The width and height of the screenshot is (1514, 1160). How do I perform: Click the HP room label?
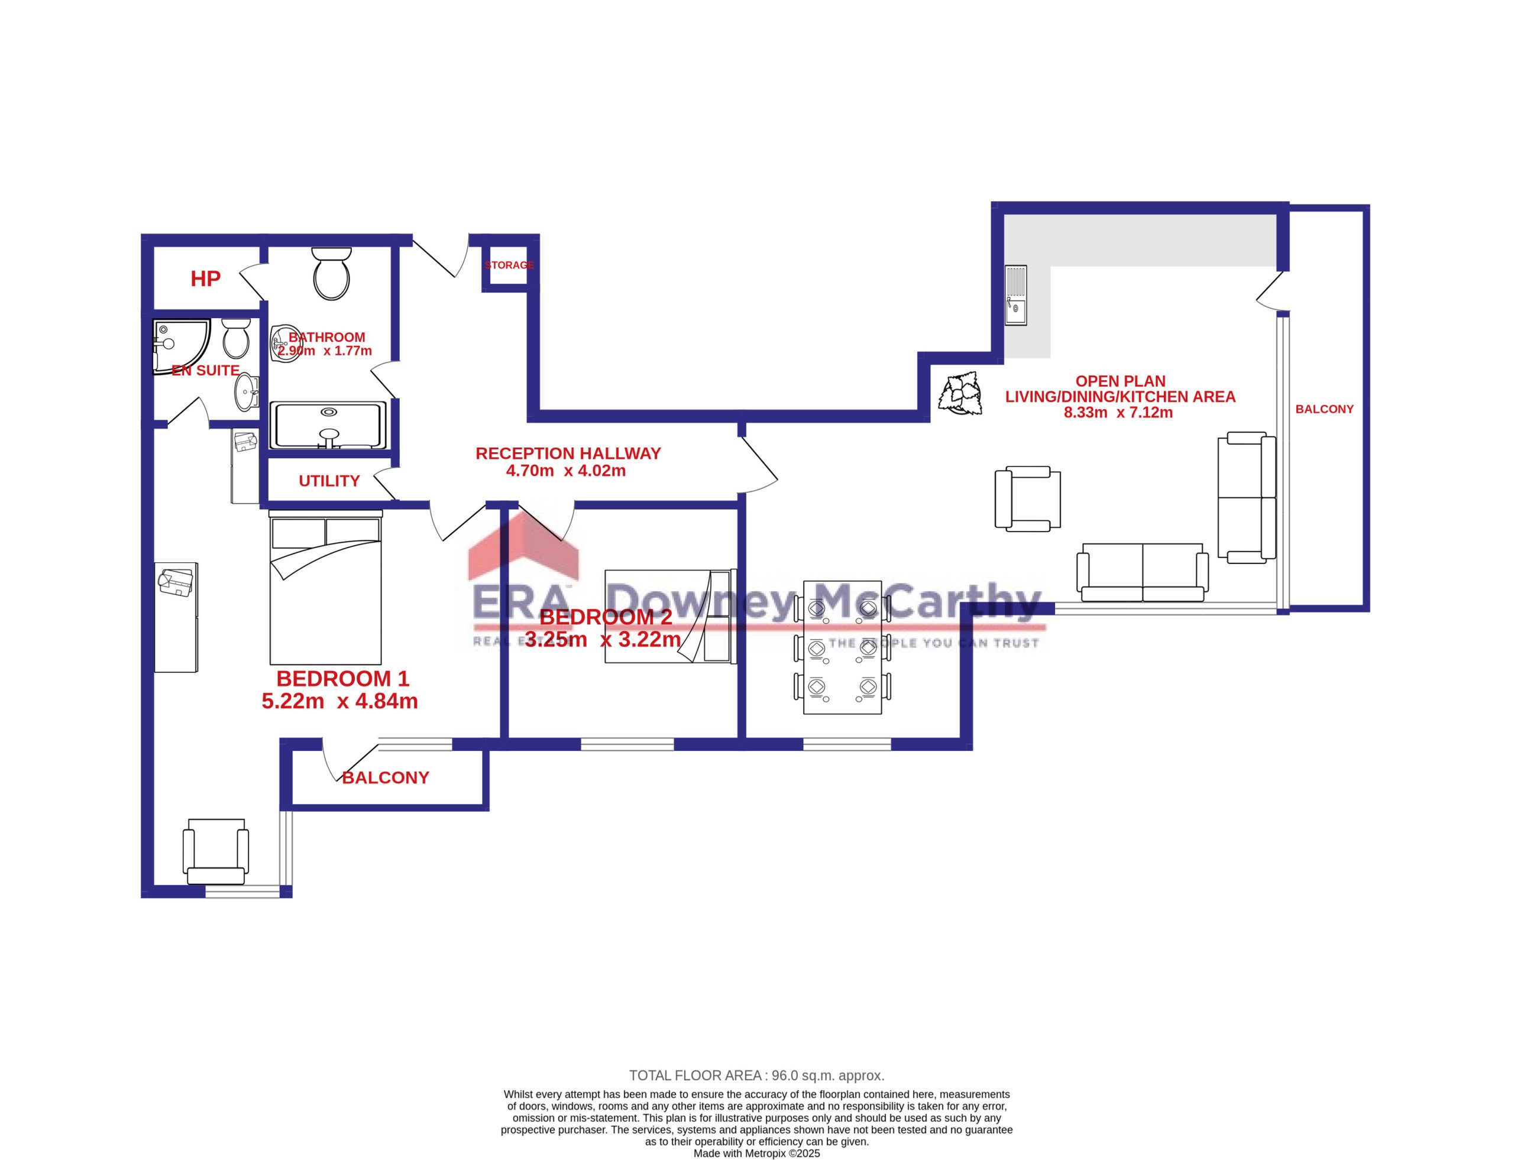click(x=205, y=279)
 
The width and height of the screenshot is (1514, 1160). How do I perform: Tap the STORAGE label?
click(x=509, y=265)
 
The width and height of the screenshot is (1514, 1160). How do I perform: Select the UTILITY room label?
click(x=329, y=481)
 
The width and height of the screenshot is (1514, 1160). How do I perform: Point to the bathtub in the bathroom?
click(x=328, y=425)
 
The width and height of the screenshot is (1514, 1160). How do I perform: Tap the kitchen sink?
click(x=1016, y=296)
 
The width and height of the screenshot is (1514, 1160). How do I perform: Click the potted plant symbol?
click(x=960, y=394)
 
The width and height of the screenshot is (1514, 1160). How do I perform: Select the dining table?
click(x=842, y=647)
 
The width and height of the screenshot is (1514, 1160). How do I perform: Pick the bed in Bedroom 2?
click(x=671, y=616)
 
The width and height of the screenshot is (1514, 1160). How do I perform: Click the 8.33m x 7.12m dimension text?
click(x=1118, y=413)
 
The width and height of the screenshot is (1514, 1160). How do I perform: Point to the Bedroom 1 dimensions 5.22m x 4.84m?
click(x=340, y=702)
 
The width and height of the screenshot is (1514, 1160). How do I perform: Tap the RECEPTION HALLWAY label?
click(x=568, y=453)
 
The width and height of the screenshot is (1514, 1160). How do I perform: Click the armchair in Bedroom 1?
click(x=215, y=851)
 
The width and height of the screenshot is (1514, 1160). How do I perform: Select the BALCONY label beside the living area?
click(x=1324, y=410)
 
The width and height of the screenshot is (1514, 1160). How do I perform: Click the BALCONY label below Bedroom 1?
click(x=386, y=778)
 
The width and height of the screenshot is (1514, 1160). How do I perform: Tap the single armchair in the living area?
click(x=1028, y=498)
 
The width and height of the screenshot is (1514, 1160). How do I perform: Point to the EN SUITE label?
click(x=205, y=371)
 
